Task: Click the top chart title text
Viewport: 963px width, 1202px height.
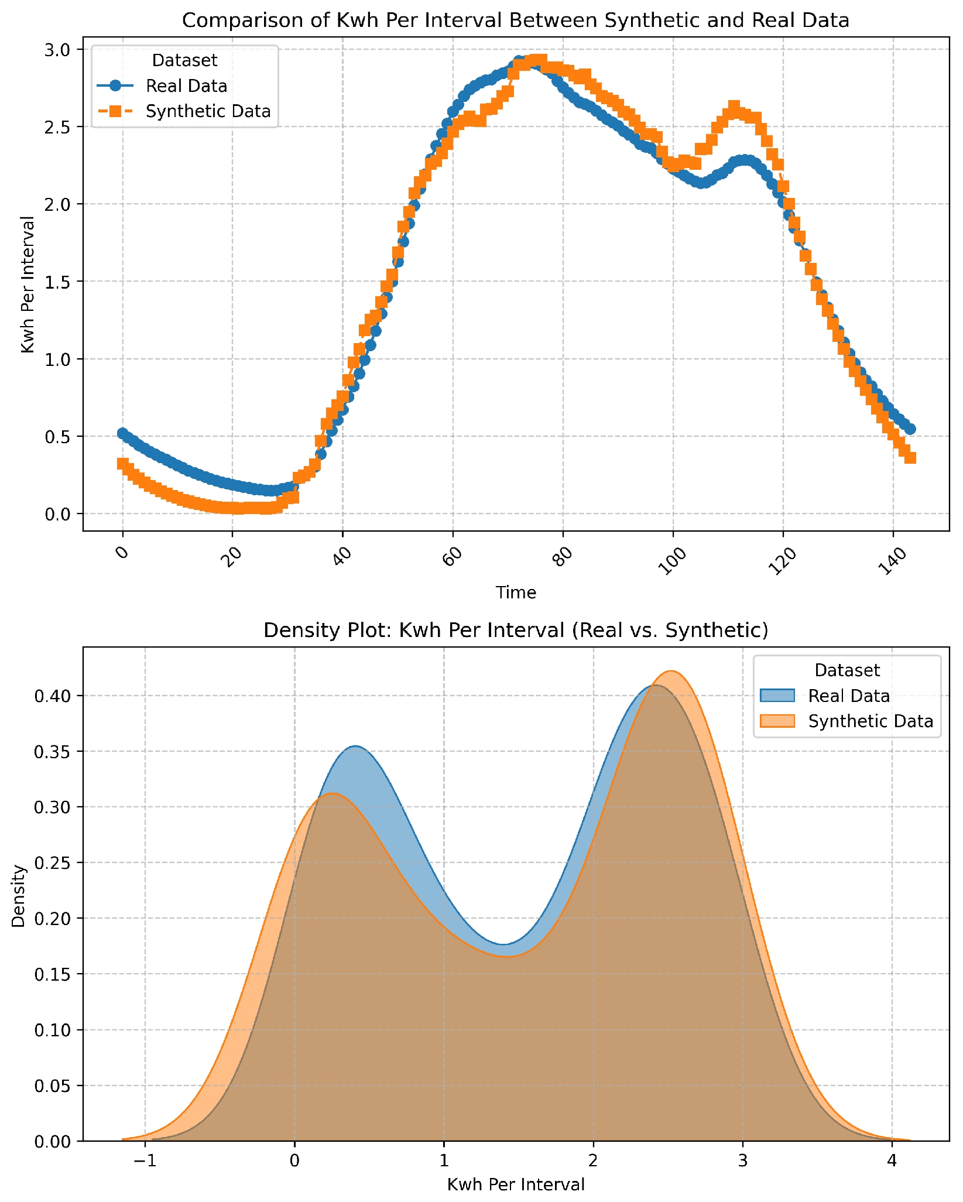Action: tap(515, 21)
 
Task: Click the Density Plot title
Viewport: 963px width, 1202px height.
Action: tap(515, 631)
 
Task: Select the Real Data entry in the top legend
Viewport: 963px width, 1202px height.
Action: tap(186, 86)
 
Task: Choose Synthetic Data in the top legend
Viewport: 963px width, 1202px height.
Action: tap(208, 111)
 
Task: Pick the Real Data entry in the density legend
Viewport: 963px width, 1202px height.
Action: tap(849, 696)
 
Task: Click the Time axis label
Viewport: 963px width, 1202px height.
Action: tap(515, 593)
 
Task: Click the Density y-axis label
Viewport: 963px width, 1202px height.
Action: tap(19, 896)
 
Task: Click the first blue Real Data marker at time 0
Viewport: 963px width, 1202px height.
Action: tap(122, 433)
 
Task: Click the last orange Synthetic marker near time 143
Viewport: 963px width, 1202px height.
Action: tap(910, 457)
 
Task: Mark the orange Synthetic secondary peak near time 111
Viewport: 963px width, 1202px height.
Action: tap(734, 107)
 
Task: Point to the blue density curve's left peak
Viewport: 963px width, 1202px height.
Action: tap(355, 746)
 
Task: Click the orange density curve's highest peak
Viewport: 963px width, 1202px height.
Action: tap(671, 672)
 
